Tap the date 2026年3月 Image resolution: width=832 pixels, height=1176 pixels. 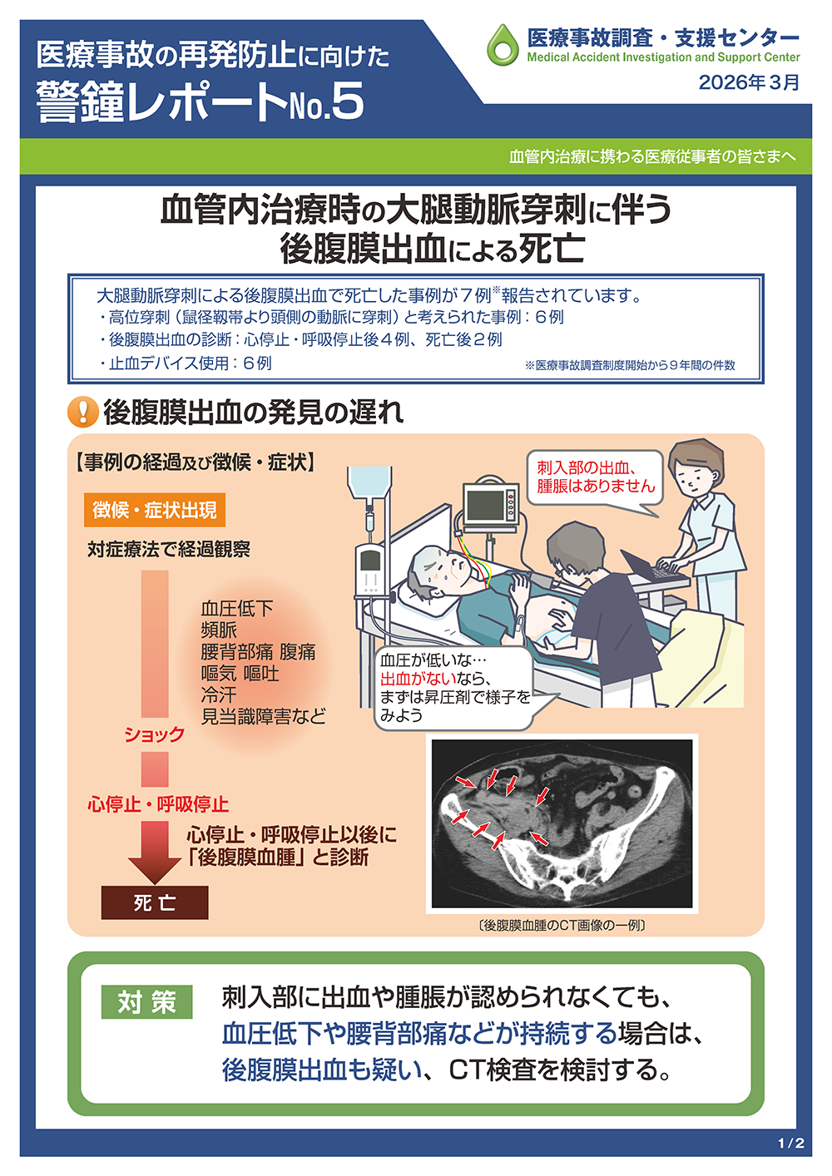[749, 82]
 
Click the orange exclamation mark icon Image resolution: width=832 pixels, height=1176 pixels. [83, 412]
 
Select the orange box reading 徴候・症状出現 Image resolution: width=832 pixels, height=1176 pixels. [155, 510]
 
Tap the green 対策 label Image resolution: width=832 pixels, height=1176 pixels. [146, 1002]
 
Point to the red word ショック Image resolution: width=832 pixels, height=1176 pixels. [154, 734]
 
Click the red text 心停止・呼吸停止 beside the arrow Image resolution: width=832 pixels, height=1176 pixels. [158, 804]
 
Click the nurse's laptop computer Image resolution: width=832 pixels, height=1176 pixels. [651, 567]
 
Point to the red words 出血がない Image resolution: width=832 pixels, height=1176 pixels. [418, 679]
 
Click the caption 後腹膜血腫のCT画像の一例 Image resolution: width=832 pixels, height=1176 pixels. [562, 925]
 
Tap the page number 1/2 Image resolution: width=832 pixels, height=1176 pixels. [791, 1143]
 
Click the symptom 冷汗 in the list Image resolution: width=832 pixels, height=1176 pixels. [219, 695]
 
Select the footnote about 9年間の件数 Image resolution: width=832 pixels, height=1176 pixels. [630, 365]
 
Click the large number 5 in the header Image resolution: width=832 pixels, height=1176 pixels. [347, 101]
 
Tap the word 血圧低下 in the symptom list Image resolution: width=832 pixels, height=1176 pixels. [237, 609]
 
